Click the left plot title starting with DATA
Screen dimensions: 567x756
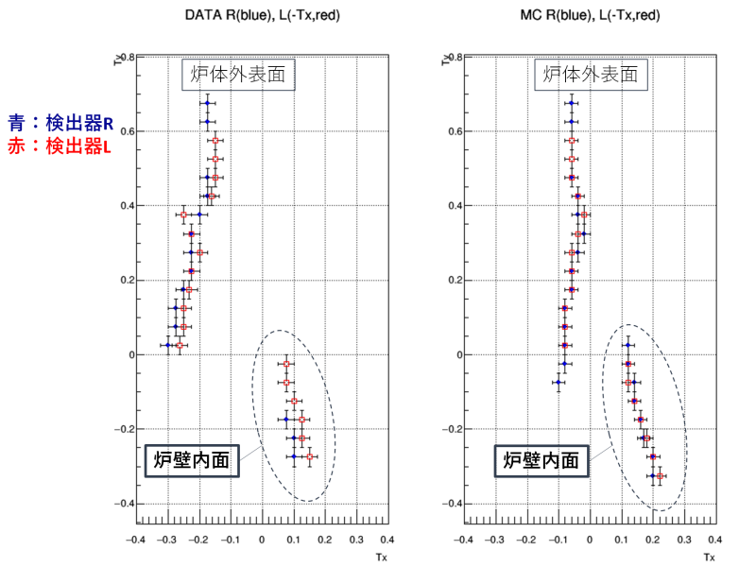pos(263,16)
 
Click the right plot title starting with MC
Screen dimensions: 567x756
pos(589,16)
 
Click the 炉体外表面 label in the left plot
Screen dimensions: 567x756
pos(239,75)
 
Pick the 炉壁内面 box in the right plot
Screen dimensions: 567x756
pos(541,461)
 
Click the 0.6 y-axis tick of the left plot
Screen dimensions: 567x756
pos(123,131)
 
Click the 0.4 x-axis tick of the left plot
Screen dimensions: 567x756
pos(386,540)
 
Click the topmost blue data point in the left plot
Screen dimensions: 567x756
pos(208,103)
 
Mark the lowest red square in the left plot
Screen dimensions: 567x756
pos(309,456)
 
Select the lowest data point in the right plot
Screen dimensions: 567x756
pos(659,475)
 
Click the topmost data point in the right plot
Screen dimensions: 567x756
pos(571,103)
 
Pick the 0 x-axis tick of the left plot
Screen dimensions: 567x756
pos(262,540)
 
